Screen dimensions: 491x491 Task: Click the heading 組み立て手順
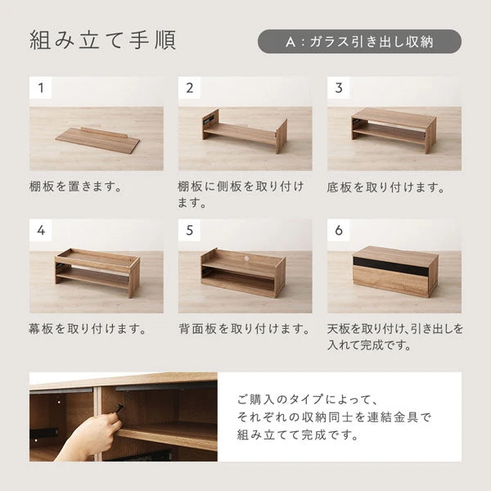tap(102, 40)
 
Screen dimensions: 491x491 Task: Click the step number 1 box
tap(40, 88)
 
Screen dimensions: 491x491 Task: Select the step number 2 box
tap(190, 88)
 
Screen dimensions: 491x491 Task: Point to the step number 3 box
tap(339, 88)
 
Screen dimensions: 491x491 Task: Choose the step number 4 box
tap(40, 230)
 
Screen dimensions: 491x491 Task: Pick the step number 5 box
tap(190, 230)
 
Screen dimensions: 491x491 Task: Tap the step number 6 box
tap(339, 230)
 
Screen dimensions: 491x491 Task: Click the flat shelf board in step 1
tap(97, 139)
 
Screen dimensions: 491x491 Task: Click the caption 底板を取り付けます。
tap(385, 187)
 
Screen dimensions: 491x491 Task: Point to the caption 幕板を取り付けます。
tap(88, 329)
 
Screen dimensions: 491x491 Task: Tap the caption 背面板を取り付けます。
tap(244, 329)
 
